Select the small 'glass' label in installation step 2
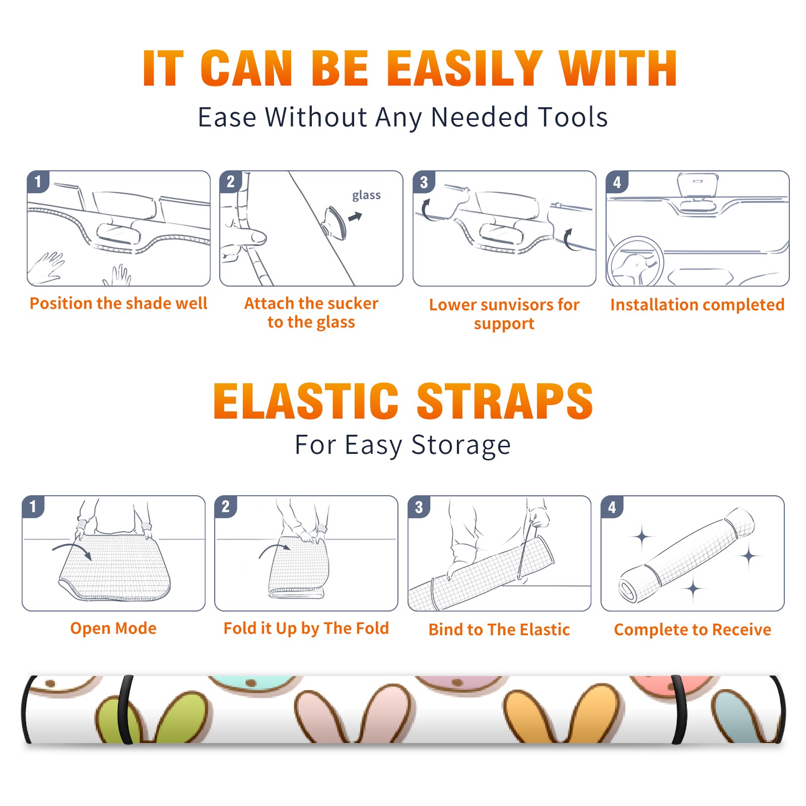366,195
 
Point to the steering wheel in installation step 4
636,262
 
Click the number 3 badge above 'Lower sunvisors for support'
424,182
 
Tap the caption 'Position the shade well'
118,303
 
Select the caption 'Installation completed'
697,305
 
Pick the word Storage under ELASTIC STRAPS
461,445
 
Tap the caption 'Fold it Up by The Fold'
306,628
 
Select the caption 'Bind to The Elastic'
499,630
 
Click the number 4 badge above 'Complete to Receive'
612,507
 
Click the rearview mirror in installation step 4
697,185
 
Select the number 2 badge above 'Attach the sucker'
231,182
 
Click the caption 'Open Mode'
113,628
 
